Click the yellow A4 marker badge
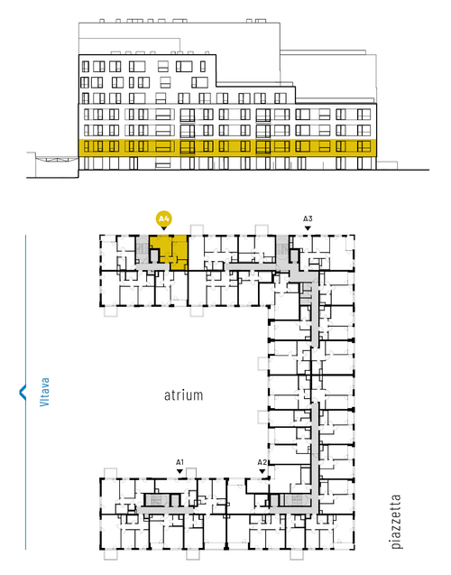pos(163,219)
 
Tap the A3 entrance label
pos(308,219)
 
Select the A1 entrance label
pos(179,462)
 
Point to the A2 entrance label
pos(262,462)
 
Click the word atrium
pos(183,395)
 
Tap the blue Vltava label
pos(44,392)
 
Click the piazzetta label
pos(396,522)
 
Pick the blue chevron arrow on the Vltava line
pos(23,392)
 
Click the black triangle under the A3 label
pos(308,228)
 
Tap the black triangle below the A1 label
pos(179,471)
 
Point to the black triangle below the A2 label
pos(262,471)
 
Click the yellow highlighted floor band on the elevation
pos(227,147)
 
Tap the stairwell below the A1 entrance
pos(157,500)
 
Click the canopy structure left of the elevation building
pos(57,160)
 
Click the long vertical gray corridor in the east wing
pos(315,455)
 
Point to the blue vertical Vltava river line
pos(25,392)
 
